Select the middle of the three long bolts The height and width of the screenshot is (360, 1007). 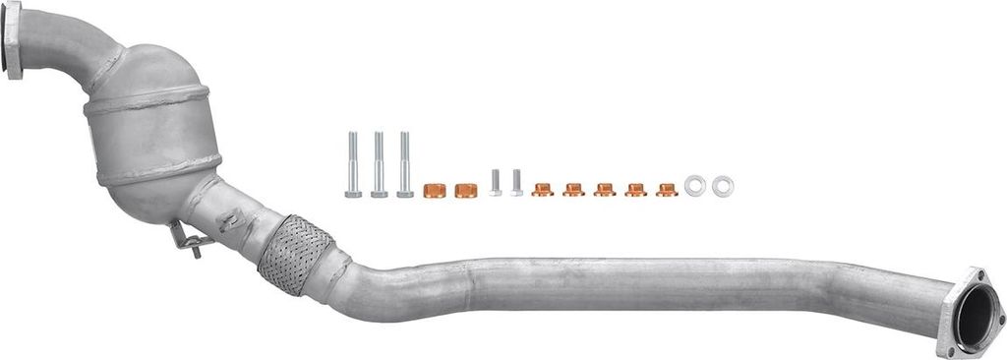(379, 165)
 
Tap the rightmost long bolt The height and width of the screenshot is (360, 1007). (404, 165)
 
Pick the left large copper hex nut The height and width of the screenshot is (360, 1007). (434, 190)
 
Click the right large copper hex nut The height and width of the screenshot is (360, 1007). (466, 190)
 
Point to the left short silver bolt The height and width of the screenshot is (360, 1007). (496, 183)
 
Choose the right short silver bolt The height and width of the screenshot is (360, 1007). (516, 183)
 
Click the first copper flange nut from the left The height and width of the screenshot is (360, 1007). (542, 190)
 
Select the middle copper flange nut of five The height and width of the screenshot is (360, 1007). (605, 190)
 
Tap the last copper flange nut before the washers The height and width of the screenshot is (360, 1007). (667, 190)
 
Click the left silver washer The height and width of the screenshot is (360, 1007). (695, 185)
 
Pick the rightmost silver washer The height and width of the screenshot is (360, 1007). (723, 185)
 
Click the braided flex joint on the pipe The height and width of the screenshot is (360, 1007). (296, 254)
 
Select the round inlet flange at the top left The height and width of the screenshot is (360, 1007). (12, 40)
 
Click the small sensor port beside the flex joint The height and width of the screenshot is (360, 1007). (232, 218)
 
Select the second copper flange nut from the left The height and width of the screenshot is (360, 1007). (573, 190)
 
